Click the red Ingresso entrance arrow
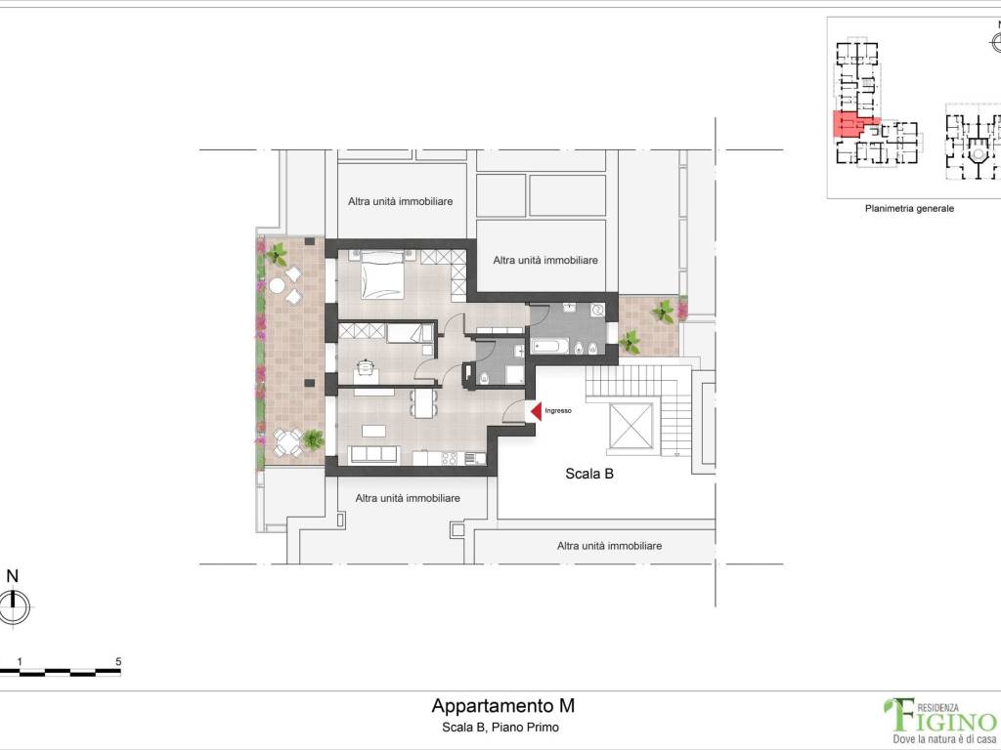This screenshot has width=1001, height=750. [x=535, y=412]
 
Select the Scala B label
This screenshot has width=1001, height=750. [x=589, y=475]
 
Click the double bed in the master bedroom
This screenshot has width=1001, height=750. [x=383, y=274]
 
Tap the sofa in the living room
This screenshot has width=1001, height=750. [x=373, y=454]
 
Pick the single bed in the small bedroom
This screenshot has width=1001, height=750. [x=404, y=334]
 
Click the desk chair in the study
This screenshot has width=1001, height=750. [x=366, y=367]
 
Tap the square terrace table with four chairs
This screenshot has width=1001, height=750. [x=285, y=443]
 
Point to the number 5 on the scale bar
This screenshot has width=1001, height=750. [x=118, y=661]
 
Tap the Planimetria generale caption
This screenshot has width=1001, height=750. [x=909, y=208]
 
